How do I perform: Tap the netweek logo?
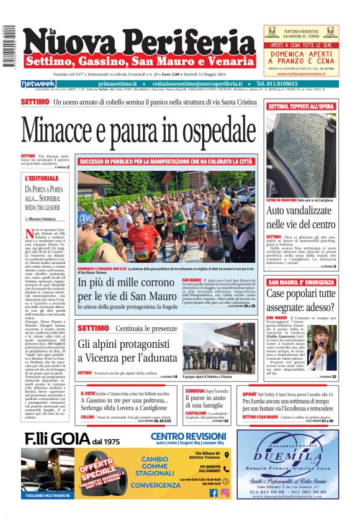tap(38, 83)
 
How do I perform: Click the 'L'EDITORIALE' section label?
tap(40, 178)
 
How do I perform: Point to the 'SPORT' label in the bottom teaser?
tap(250, 394)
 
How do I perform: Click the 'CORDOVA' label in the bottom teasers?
tap(196, 391)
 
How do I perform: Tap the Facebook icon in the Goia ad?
tap(214, 493)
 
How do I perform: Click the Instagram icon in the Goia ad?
tap(225, 493)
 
